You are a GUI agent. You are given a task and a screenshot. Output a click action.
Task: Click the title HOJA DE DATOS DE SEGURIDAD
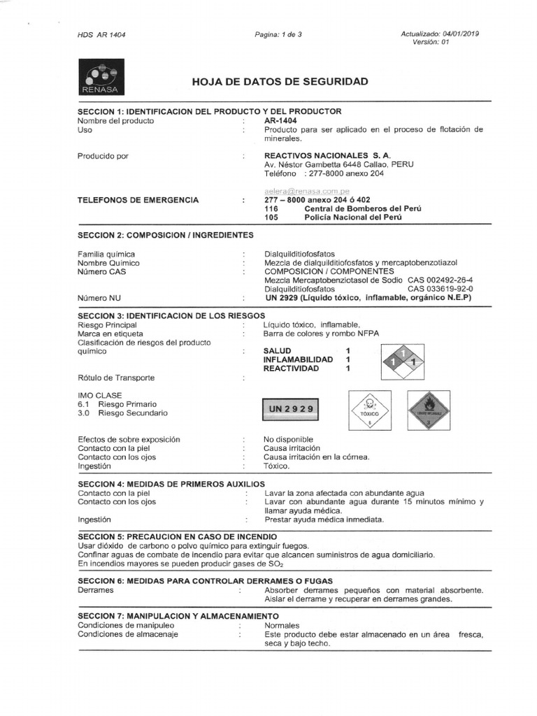pyautogui.click(x=280, y=82)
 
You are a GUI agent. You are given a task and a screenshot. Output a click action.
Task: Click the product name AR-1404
pyautogui.click(x=280, y=120)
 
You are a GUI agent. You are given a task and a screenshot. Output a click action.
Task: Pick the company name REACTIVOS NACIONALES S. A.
pyautogui.click(x=327, y=155)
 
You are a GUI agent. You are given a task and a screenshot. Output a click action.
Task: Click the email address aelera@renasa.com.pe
pyautogui.click(x=307, y=191)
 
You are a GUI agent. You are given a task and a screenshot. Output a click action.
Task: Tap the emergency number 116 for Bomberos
pyautogui.click(x=271, y=208)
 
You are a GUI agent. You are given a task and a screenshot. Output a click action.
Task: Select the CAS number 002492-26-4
pyautogui.click(x=446, y=280)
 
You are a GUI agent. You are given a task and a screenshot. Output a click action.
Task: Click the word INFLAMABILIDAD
pyautogui.click(x=298, y=359)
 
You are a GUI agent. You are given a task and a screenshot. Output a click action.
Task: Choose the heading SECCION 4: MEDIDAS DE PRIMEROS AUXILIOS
pyautogui.click(x=171, y=484)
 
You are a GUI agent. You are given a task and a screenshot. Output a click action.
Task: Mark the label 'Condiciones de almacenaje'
pyautogui.click(x=128, y=634)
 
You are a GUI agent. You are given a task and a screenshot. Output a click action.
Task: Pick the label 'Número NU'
pyautogui.click(x=99, y=297)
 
